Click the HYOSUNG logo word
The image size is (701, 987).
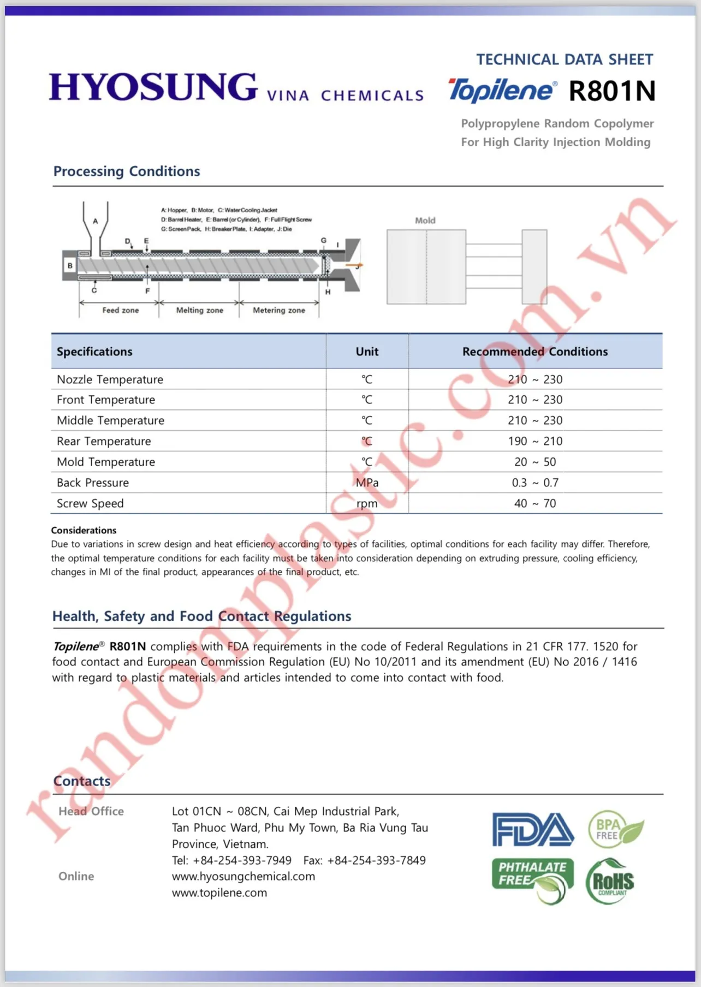click(x=153, y=87)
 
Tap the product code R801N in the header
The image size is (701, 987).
click(x=611, y=91)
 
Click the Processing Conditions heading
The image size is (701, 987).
click(x=127, y=171)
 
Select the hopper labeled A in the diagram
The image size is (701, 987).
click(x=96, y=224)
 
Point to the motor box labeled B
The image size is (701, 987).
click(x=70, y=266)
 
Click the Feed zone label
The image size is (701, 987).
click(x=121, y=310)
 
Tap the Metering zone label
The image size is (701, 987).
click(x=279, y=310)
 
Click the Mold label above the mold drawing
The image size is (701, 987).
click(x=425, y=221)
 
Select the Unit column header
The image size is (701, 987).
click(x=367, y=352)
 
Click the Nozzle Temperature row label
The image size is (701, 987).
click(x=110, y=379)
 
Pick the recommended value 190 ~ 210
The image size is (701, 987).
click(x=535, y=441)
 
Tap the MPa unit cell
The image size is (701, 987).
click(x=367, y=483)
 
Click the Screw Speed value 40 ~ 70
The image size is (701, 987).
click(x=535, y=503)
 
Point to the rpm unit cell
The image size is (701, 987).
click(x=367, y=503)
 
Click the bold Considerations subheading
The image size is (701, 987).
click(x=84, y=530)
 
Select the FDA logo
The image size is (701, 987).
click(x=533, y=830)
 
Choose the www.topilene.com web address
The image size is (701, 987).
click(x=219, y=893)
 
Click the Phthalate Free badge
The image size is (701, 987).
click(x=533, y=879)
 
